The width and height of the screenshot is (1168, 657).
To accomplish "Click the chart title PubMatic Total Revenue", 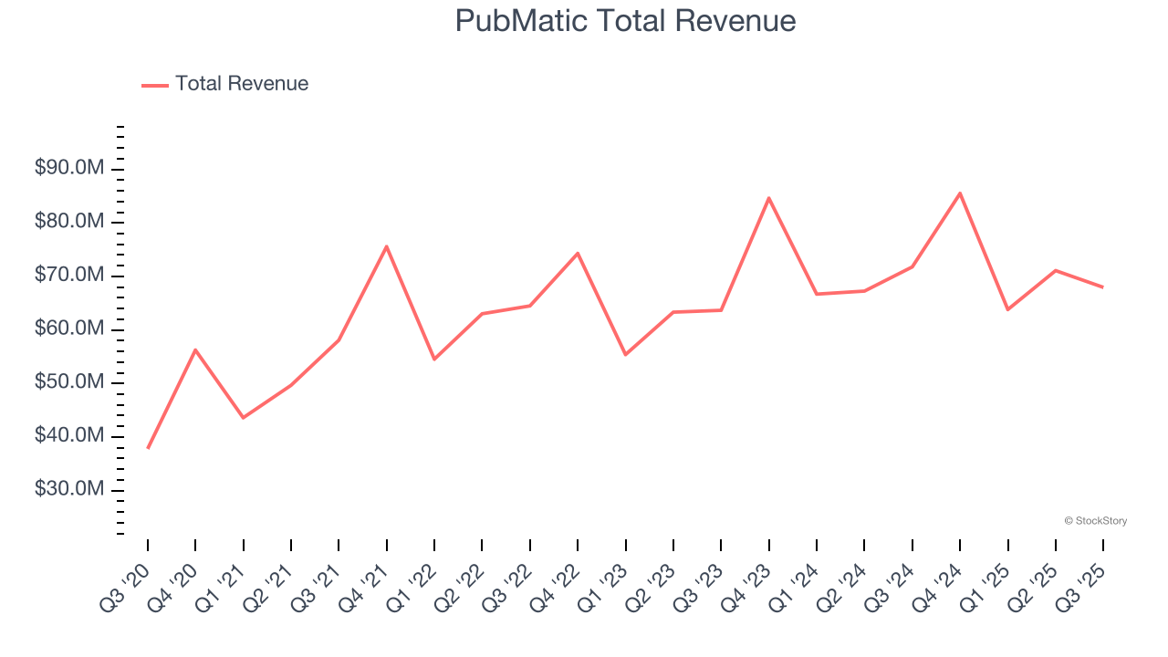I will coord(625,21).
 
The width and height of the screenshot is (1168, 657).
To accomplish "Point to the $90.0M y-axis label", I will coord(68,169).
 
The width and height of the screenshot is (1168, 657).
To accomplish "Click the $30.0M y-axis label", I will coord(68,490).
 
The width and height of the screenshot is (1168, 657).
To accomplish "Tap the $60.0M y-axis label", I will coord(68,329).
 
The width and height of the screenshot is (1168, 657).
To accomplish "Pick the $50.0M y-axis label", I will coord(68,383).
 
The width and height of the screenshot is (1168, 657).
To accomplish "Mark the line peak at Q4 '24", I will coord(960,193).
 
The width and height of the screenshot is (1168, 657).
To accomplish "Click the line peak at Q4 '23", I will coord(768,198).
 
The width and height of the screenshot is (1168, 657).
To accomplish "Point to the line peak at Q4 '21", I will coord(387,246).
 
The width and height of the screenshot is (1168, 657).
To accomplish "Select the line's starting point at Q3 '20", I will coord(148,448).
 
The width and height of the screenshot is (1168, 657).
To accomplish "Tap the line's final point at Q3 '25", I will coord(1103,287).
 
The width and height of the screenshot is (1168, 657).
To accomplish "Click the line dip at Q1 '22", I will coord(434,359).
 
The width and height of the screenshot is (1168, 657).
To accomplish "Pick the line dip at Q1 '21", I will coord(243,418).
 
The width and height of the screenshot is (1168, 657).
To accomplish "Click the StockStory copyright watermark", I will coord(1095,521).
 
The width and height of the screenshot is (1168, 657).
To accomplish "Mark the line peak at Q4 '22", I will coord(578,253).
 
